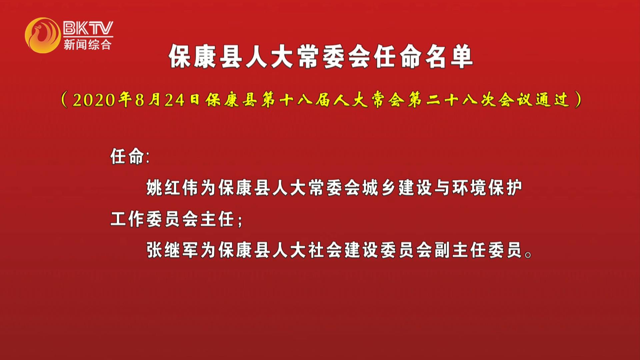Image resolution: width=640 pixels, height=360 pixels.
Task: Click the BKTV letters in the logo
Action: pos(88,28)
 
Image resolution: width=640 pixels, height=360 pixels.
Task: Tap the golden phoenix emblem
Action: pos(43,35)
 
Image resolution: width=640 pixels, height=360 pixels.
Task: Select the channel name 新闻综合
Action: pos(88,44)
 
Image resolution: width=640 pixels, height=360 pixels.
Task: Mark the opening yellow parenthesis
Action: pos(65,100)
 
